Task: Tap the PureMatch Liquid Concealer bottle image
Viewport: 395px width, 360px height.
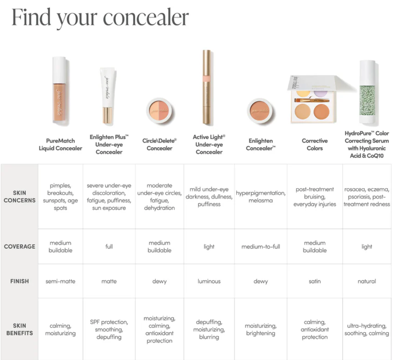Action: [x=60, y=91]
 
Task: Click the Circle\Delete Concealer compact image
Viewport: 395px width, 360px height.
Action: [x=159, y=110]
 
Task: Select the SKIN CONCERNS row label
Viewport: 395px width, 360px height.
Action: [x=19, y=196]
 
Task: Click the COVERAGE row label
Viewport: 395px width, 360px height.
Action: [x=19, y=247]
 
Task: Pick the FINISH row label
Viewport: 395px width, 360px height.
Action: [x=19, y=281]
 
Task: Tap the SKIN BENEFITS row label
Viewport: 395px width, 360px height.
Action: [x=19, y=329]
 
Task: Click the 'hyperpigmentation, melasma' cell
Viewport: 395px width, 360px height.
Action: [x=260, y=197]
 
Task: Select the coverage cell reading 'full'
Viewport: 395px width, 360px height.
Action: [x=109, y=247]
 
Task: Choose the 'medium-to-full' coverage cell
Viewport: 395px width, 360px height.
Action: [x=260, y=247]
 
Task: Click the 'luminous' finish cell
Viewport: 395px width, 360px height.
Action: [x=209, y=282]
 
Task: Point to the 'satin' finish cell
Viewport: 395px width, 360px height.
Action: [x=315, y=282]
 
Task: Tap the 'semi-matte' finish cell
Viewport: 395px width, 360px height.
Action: [x=60, y=282]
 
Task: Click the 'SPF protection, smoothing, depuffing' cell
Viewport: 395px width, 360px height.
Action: [x=109, y=330]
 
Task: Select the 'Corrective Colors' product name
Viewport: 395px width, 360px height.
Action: [x=315, y=144]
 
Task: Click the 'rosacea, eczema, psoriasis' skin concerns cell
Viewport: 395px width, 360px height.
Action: [x=367, y=197]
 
